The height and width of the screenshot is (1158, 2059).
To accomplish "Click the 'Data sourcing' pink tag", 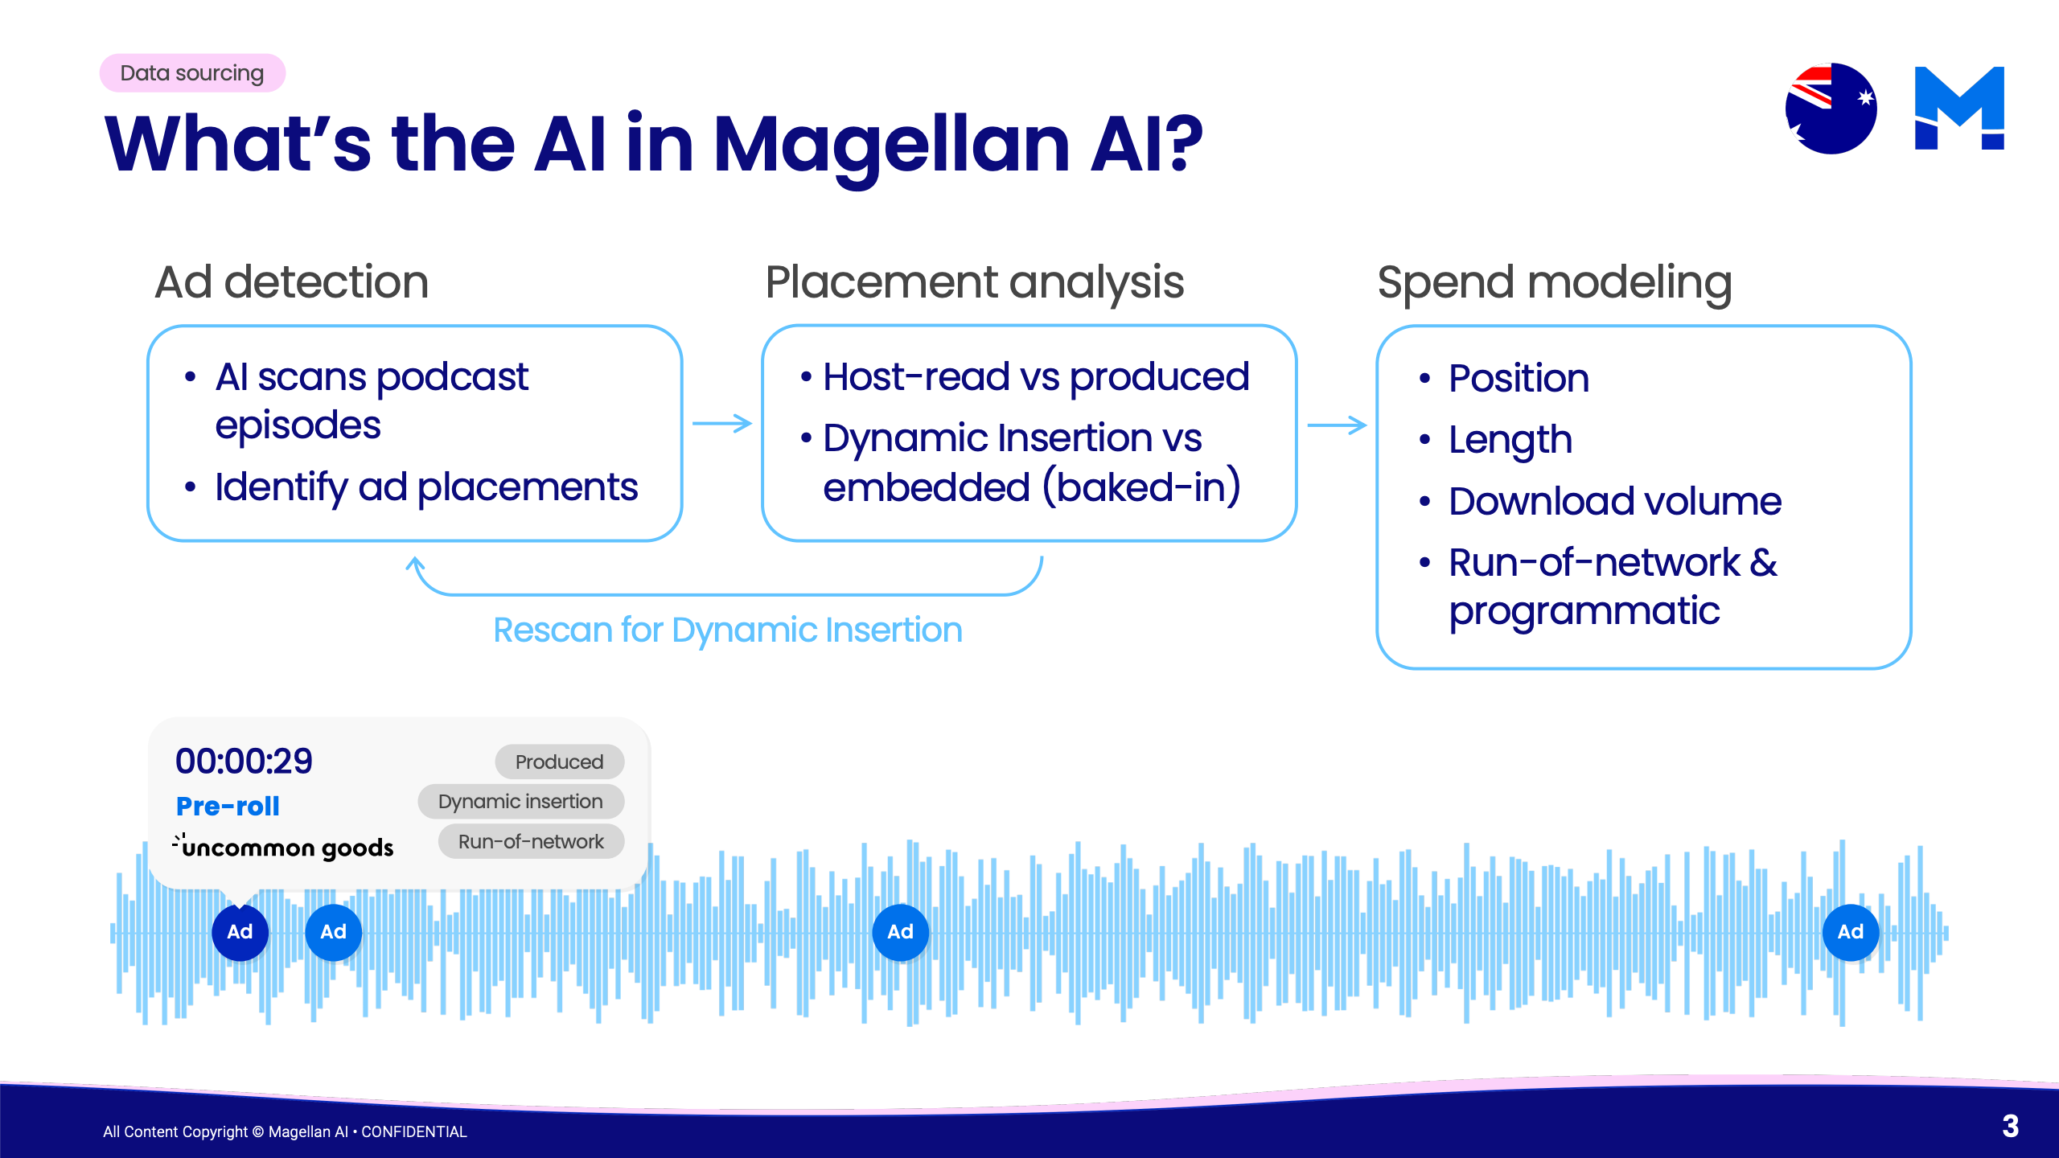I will [x=192, y=73].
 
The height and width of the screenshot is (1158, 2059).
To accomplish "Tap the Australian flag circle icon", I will [x=1831, y=109].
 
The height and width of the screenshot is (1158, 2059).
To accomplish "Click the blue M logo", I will [x=1959, y=109].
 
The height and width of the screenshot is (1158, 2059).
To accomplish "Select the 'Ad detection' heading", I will [x=291, y=282].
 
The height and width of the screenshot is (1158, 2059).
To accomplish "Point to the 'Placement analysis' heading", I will [x=974, y=282].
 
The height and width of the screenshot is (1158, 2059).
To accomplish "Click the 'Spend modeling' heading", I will [x=1554, y=282].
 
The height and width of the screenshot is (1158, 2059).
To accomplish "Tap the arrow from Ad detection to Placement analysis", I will [x=721, y=424].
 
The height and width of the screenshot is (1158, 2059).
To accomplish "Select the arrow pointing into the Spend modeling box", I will [x=1336, y=425].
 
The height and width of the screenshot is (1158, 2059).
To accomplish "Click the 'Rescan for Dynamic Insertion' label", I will [x=727, y=630].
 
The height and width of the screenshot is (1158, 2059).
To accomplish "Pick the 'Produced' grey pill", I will [x=559, y=762].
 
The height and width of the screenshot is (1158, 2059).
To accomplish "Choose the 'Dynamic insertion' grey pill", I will [x=520, y=802].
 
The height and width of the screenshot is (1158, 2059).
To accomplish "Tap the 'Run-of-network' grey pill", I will [x=531, y=842].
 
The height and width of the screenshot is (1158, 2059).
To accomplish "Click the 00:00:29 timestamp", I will [x=244, y=761].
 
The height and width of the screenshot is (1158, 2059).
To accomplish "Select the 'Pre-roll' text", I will [x=228, y=806].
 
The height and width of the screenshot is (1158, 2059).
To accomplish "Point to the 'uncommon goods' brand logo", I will [x=283, y=847].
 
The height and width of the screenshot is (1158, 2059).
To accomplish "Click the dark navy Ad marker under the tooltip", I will [x=240, y=932].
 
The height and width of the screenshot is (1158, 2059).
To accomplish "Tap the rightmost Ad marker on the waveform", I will [x=1850, y=932].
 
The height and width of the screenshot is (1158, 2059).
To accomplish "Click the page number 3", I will [x=2010, y=1126].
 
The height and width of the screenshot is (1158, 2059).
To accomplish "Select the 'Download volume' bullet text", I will [x=1614, y=501].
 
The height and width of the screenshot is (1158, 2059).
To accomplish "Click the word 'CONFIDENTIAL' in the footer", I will [x=413, y=1131].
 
